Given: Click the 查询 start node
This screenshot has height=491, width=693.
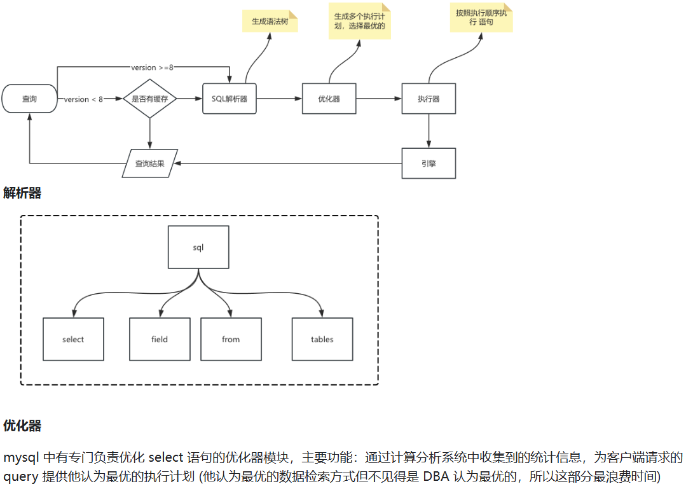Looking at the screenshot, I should click(x=30, y=99).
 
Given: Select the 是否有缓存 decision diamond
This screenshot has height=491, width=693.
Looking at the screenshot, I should click(x=149, y=99).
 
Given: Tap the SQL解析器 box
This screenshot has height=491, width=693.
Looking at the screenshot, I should click(x=230, y=99).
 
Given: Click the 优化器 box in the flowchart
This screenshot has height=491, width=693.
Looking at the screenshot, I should click(x=329, y=99).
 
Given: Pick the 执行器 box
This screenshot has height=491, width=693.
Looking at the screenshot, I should click(x=429, y=99).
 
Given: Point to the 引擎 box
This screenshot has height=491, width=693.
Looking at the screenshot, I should click(x=429, y=163).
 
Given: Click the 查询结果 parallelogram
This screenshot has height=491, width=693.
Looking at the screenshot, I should click(x=150, y=163).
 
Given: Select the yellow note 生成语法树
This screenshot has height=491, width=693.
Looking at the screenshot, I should click(x=270, y=21).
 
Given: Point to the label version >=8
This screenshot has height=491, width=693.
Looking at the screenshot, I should click(x=152, y=67).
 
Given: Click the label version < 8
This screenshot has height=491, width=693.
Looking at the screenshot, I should click(x=83, y=99).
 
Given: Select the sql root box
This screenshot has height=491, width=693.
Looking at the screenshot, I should click(x=198, y=247).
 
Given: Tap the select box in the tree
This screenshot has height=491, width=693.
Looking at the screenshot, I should click(x=73, y=339).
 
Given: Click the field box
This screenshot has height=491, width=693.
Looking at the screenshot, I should click(x=160, y=339).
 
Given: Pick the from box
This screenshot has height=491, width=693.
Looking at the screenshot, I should click(x=231, y=339).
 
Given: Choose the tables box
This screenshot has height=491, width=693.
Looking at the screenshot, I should click(x=322, y=339).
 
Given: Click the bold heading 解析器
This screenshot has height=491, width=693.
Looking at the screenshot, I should click(x=22, y=193).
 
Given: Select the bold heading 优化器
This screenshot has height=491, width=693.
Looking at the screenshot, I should click(x=22, y=425).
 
